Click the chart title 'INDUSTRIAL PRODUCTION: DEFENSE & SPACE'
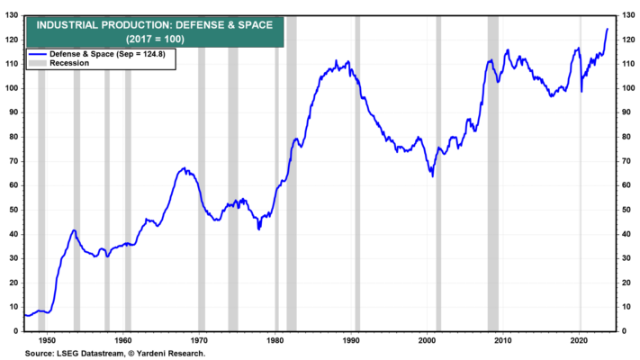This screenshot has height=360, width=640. [x=155, y=25]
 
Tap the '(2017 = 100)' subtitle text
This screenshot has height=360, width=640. [x=155, y=40]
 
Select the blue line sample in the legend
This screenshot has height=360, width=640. [x=37, y=54]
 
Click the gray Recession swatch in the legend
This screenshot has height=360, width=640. [x=37, y=63]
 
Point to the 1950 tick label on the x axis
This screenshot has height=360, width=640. [x=47, y=340]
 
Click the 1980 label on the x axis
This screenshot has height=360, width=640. [x=275, y=340]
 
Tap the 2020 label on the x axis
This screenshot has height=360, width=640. [x=580, y=340]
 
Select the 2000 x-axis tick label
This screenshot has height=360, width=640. [x=427, y=340]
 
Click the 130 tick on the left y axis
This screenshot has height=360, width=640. [x=12, y=15]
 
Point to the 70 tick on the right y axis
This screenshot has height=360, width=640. [x=626, y=161]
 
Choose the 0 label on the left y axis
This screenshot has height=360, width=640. [x=16, y=331]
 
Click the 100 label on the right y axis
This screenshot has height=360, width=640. [x=628, y=88]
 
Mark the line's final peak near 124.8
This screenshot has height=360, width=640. [x=608, y=29]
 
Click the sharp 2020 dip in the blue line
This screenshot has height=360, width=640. [x=581, y=92]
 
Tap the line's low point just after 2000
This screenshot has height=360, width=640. [x=433, y=175]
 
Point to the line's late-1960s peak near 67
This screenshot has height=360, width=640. [x=185, y=167]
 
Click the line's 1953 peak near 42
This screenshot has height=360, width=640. [x=75, y=230]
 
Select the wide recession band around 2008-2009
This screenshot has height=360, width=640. [x=493, y=174]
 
